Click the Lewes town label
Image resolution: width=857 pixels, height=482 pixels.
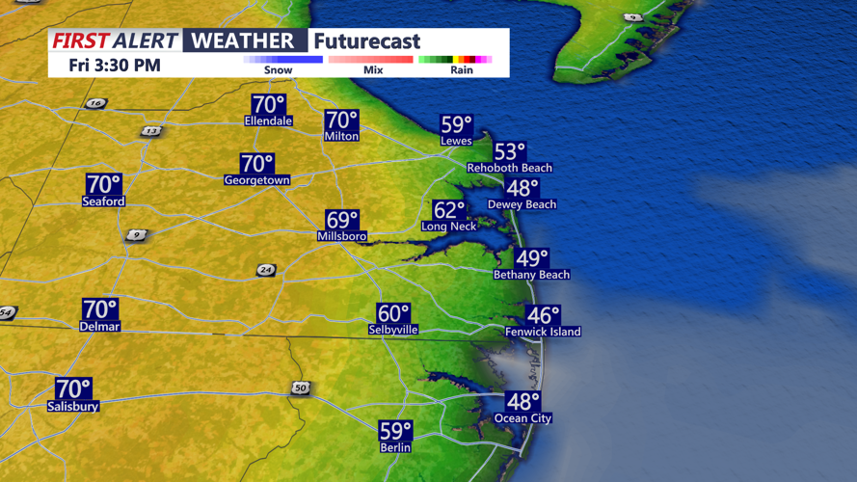click(x=456, y=141)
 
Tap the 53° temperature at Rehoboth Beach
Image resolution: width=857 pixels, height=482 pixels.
click(x=510, y=152)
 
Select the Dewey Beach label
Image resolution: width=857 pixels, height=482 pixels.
click(x=522, y=204)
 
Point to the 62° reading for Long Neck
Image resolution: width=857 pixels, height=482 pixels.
click(x=448, y=210)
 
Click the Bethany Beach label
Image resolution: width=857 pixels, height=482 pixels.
click(x=531, y=275)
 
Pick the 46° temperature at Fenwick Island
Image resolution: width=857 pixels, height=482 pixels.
click(x=543, y=315)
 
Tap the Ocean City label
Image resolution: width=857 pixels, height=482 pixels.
click(x=523, y=418)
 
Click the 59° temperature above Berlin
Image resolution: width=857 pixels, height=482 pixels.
click(x=395, y=431)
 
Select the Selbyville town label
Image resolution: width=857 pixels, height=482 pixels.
click(x=393, y=330)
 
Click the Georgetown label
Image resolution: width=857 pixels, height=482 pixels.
click(x=257, y=180)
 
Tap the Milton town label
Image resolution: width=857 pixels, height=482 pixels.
click(x=341, y=137)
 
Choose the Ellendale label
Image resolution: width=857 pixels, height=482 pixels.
click(x=269, y=121)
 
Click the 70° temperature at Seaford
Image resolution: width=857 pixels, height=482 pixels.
click(x=104, y=184)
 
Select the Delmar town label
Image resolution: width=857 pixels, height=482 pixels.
click(x=100, y=327)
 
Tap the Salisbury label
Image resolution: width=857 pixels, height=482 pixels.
click(x=73, y=407)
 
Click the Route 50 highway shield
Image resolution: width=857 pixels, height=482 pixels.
click(x=300, y=388)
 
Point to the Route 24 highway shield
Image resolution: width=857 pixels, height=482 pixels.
click(x=266, y=271)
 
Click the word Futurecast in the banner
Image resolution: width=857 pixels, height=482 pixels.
click(x=367, y=41)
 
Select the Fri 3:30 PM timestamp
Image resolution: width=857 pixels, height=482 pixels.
click(x=115, y=66)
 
